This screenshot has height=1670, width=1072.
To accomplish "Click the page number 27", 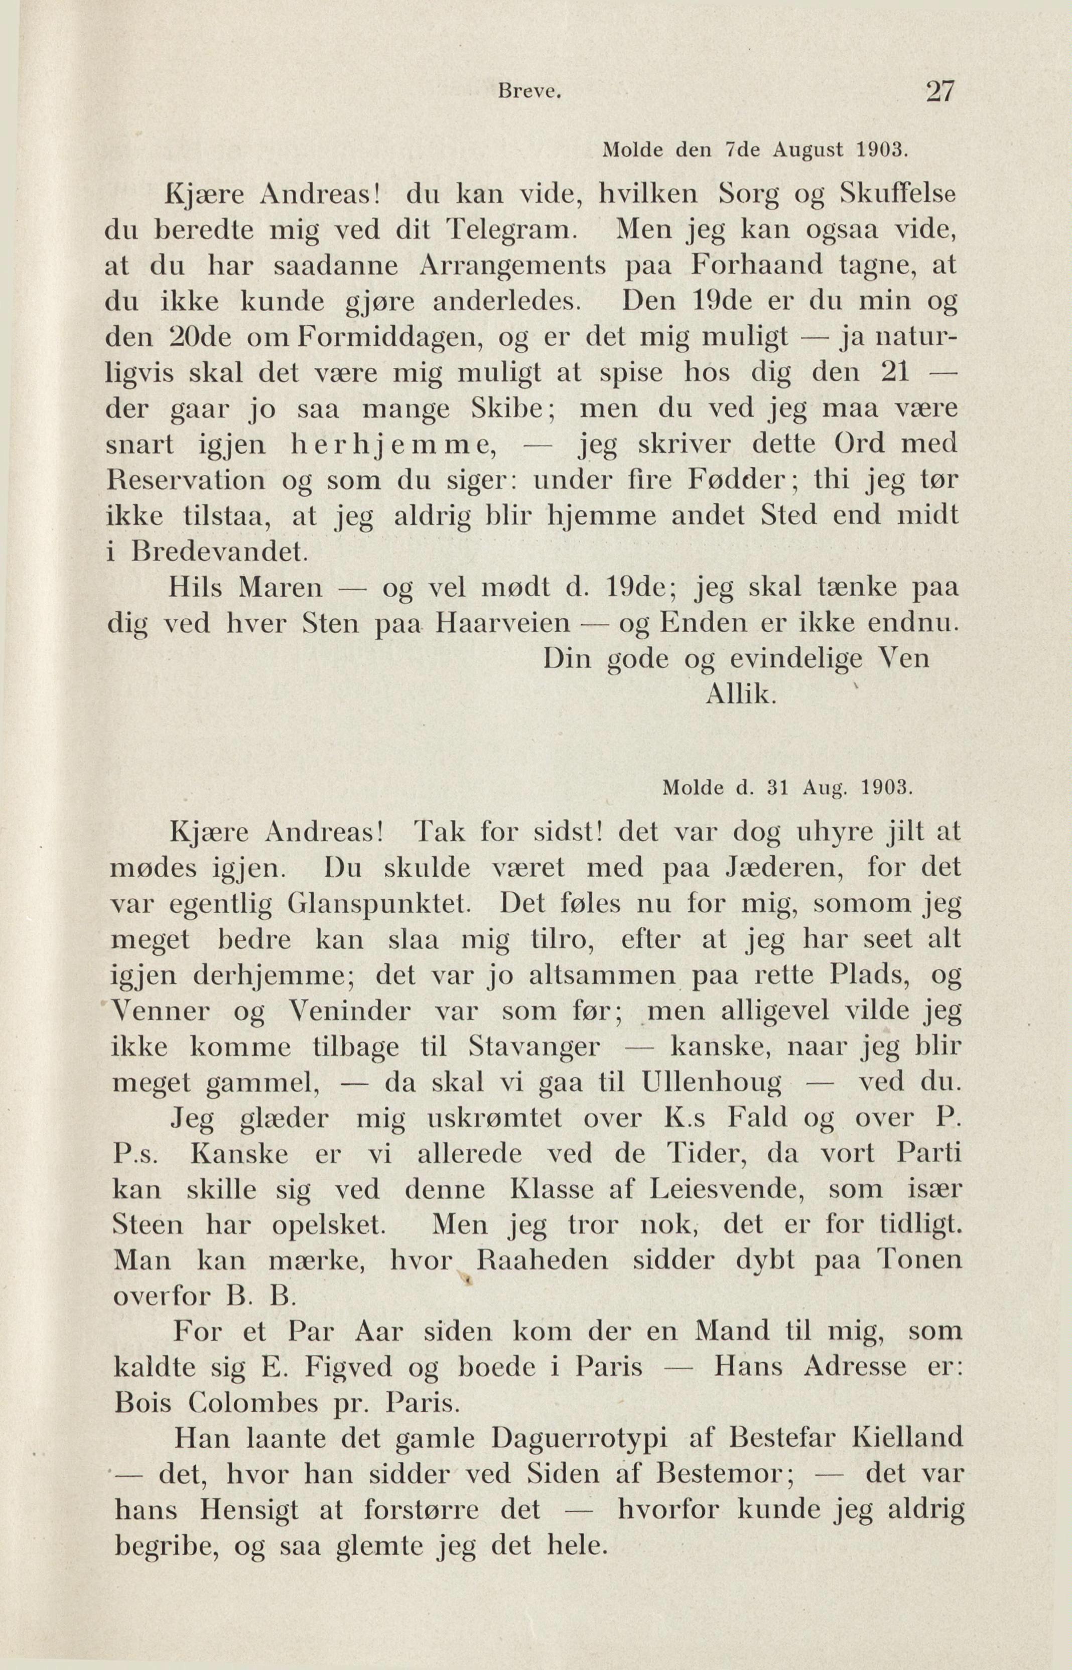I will click(939, 92).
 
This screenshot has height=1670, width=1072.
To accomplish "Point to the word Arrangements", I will click(513, 266).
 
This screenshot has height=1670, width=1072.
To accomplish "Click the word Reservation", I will click(186, 481).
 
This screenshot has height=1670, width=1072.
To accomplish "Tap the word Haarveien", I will click(502, 623).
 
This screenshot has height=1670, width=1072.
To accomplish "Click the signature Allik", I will click(740, 695).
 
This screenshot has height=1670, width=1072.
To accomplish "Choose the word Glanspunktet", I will click(375, 904).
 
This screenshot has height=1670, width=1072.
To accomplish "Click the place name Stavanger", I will click(534, 1047).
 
